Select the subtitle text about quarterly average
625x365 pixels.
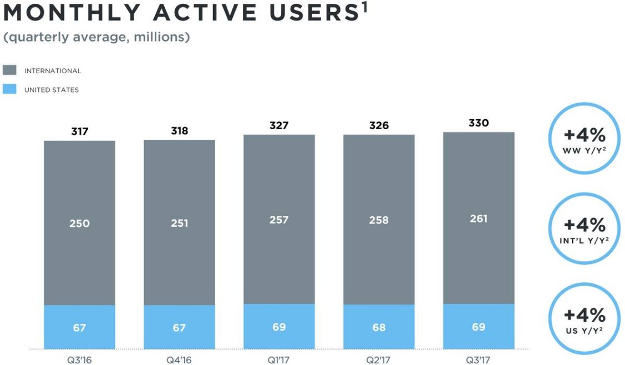pos(96,38)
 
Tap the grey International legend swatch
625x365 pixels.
pos(9,70)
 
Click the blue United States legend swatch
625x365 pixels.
pos(9,89)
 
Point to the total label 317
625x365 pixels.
pos(79,131)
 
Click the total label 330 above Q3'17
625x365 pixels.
pos(479,123)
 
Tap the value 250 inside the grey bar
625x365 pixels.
pos(79,223)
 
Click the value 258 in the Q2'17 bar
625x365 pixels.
pos(379,220)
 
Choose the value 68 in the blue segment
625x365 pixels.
pos(379,327)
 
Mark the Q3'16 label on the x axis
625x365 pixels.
pos(79,360)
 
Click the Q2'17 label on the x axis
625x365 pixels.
pos(379,360)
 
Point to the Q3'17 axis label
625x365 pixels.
pos(479,360)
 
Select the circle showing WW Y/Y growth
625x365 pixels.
pos(584,139)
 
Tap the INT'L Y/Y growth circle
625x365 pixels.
pos(584,229)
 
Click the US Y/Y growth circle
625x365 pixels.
pos(584,319)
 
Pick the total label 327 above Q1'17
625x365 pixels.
pos(279,125)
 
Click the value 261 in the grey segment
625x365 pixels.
pos(479,219)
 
